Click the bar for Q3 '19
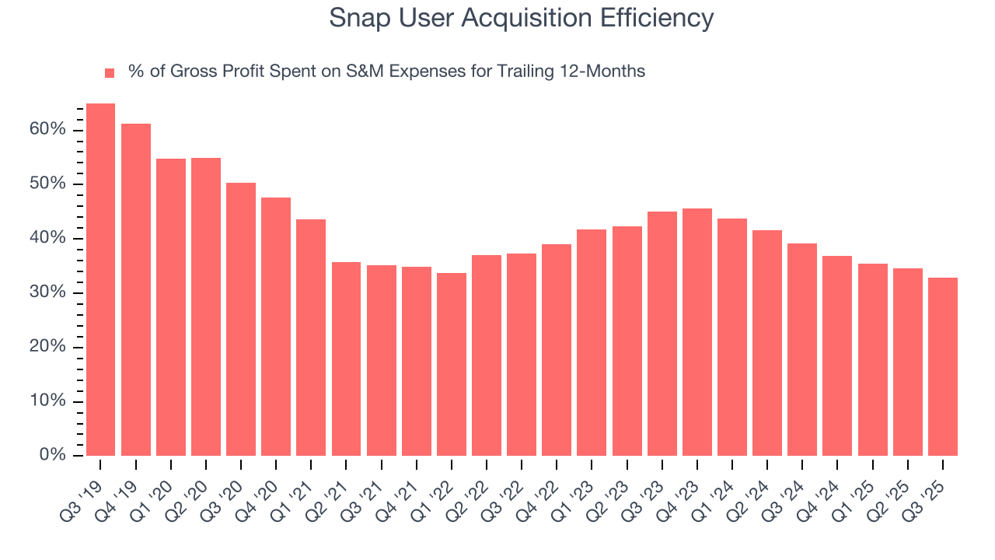pyautogui.click(x=100, y=279)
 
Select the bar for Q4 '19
pyautogui.click(x=136, y=289)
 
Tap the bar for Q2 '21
pyautogui.click(x=346, y=359)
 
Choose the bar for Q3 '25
pyautogui.click(x=942, y=366)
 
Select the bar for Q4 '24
pyautogui.click(x=837, y=355)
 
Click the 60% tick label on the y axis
pyautogui.click(x=47, y=129)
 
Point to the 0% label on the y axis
pyautogui.click(x=52, y=455)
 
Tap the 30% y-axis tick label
pyautogui.click(x=47, y=292)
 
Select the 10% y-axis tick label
pyautogui.click(x=47, y=401)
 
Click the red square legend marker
pyautogui.click(x=110, y=72)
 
